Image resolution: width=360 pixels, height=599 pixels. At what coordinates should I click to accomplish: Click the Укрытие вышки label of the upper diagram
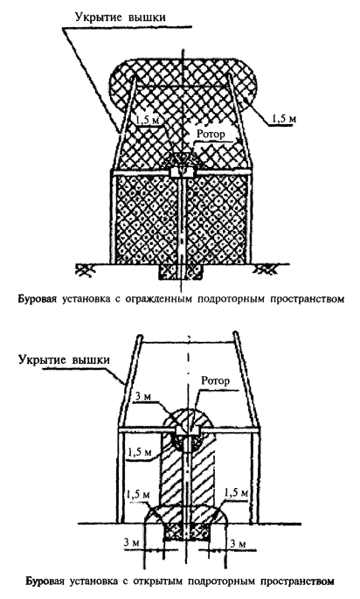coord(121,17)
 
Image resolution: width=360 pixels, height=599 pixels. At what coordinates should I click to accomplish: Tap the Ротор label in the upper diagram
coord(211,134)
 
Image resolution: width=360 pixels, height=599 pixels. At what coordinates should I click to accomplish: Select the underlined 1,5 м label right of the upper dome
coord(284,119)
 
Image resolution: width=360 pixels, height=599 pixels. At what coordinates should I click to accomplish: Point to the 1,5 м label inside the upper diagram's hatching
coord(146,120)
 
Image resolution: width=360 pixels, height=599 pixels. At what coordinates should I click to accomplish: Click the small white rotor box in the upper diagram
coord(183,171)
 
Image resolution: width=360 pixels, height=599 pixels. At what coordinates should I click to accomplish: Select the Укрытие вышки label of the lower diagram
coord(64,360)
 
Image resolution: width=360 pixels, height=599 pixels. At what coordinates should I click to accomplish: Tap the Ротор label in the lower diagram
coord(216,380)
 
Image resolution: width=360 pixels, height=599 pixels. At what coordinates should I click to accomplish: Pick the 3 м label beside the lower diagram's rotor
coord(142,397)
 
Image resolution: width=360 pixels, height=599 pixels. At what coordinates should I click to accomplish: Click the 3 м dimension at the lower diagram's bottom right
coord(239,543)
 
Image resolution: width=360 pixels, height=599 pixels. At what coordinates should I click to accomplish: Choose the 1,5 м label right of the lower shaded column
coord(237,492)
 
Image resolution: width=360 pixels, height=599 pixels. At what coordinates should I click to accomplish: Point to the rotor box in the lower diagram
coord(188,429)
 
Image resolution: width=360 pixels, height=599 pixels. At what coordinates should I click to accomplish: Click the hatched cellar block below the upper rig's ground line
coord(179,272)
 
